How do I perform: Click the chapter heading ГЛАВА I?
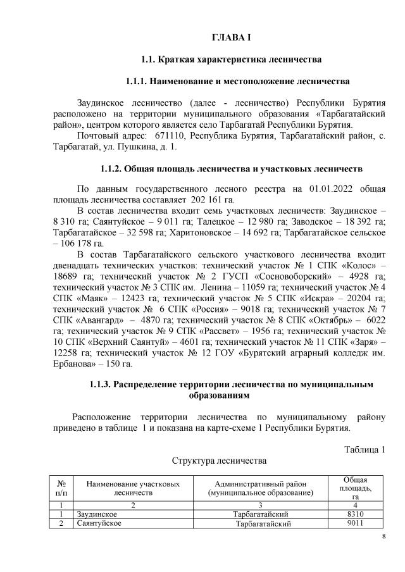point(231,37)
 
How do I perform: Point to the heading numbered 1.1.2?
point(231,169)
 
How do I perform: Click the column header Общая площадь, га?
point(349,487)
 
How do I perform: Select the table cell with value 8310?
point(349,514)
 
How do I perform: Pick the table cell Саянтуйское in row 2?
point(97,523)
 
